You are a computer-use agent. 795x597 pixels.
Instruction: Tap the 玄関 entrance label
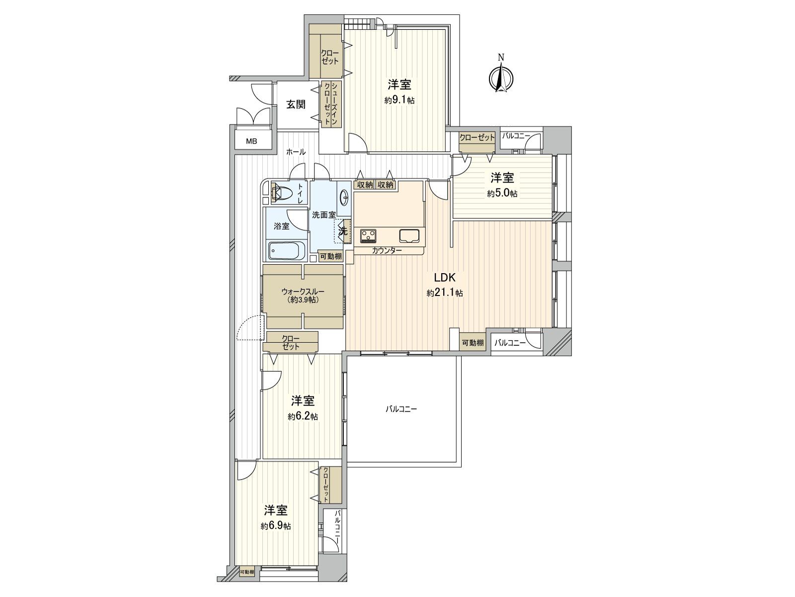pyautogui.click(x=296, y=105)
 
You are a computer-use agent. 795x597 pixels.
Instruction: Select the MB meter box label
pyautogui.click(x=251, y=141)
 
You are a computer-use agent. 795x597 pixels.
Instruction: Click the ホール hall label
pyautogui.click(x=296, y=152)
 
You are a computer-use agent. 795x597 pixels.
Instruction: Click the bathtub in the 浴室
pyautogui.click(x=287, y=250)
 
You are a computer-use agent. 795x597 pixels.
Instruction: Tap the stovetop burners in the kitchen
pyautogui.click(x=368, y=236)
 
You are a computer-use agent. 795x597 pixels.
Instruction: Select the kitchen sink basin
pyautogui.click(x=409, y=236)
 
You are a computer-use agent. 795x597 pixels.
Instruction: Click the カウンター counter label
pyautogui.click(x=387, y=250)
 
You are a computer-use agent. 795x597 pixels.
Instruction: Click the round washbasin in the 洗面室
pyautogui.click(x=344, y=198)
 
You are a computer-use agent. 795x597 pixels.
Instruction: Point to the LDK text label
pyautogui.click(x=445, y=278)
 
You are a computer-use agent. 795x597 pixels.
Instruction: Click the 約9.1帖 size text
pyautogui.click(x=399, y=100)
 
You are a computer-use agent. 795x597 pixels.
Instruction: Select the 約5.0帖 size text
pyautogui.click(x=502, y=194)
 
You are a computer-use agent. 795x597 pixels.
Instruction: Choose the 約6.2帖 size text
pyautogui.click(x=303, y=417)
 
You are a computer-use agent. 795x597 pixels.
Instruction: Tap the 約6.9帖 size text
pyautogui.click(x=276, y=526)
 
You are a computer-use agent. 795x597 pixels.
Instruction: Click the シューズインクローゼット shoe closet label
pyautogui.click(x=331, y=104)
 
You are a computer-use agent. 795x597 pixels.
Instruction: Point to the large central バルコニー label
pyautogui.click(x=401, y=409)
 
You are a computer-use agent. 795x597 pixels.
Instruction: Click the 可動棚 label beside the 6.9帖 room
pyautogui.click(x=246, y=572)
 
